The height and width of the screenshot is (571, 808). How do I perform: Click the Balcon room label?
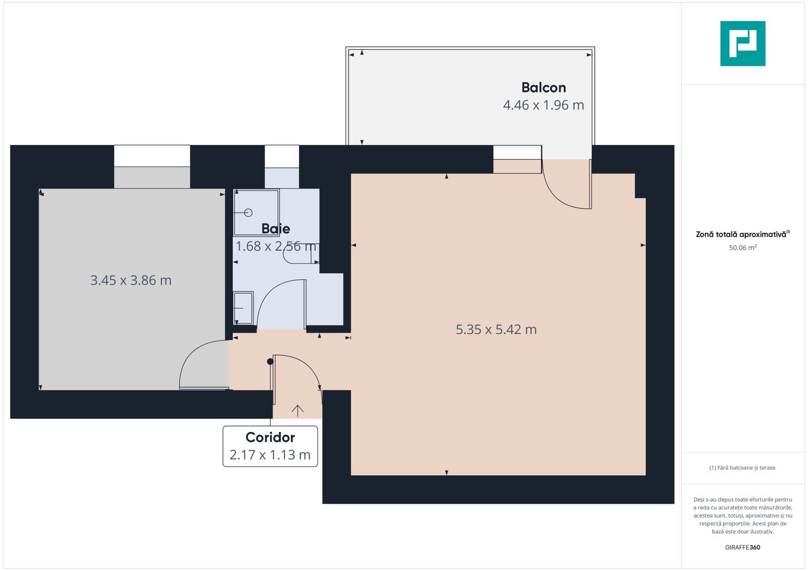point(543,87)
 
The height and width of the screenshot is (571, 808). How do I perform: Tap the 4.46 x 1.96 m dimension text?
point(543,105)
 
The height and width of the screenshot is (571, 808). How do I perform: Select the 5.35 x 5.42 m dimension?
point(496,329)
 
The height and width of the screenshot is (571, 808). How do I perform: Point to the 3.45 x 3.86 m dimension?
point(131,280)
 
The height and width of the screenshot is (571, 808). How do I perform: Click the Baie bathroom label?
point(276,228)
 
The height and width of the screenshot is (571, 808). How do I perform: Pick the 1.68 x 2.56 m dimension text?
point(276,246)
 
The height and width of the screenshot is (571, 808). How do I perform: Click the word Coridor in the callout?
point(270,437)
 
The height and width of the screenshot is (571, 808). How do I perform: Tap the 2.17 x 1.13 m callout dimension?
point(270,455)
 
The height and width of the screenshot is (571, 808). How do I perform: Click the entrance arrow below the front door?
point(297,410)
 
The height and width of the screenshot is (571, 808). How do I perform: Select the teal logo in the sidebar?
point(742,43)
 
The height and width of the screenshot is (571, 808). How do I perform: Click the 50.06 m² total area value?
point(742,247)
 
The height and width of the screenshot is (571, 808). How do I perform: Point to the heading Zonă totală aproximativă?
point(741,234)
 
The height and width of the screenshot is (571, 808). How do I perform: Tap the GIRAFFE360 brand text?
point(742,547)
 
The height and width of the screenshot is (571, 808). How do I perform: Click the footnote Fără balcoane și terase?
point(742,468)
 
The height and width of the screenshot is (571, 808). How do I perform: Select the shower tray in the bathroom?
point(256,212)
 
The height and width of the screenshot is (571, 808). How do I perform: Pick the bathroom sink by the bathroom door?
point(243,308)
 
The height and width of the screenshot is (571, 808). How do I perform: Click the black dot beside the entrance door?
point(270,362)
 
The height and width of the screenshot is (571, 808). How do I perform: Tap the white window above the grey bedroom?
point(152,156)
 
